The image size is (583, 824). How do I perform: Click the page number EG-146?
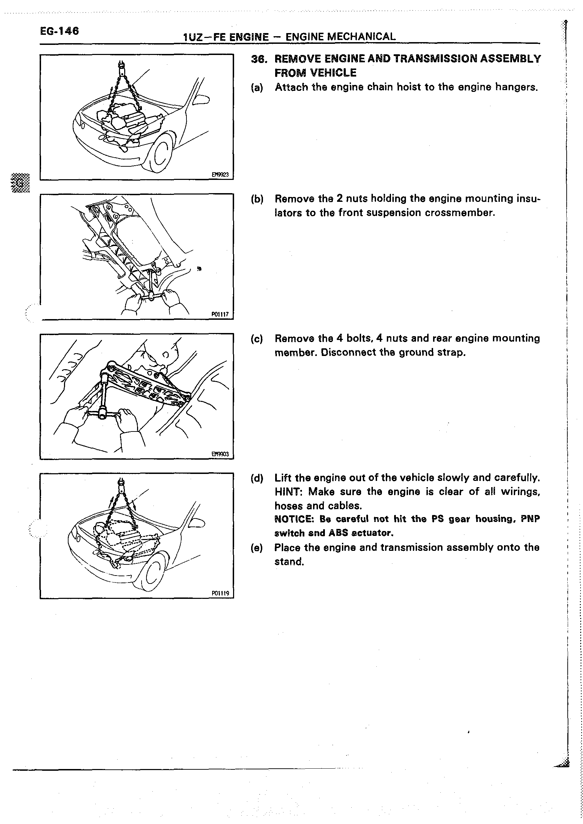pos(59,31)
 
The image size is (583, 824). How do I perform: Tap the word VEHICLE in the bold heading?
pos(333,73)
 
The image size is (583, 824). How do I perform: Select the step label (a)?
pos(257,88)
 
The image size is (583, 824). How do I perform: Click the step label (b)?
pos(257,199)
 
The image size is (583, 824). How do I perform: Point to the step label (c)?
pos(257,339)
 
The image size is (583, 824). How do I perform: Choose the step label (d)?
pos(257,478)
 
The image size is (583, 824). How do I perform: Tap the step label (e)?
pos(257,548)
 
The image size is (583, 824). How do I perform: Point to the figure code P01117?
pos(220,315)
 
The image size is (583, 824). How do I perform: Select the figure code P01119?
pos(220,594)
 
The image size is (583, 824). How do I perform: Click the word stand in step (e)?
pos(288,562)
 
